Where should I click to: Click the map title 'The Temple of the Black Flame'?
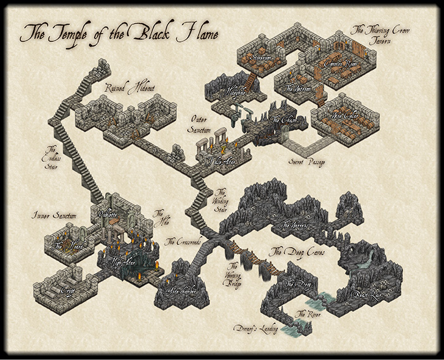pos(119,32)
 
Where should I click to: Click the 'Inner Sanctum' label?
pos(55,216)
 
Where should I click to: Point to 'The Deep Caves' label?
pos(297,252)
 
